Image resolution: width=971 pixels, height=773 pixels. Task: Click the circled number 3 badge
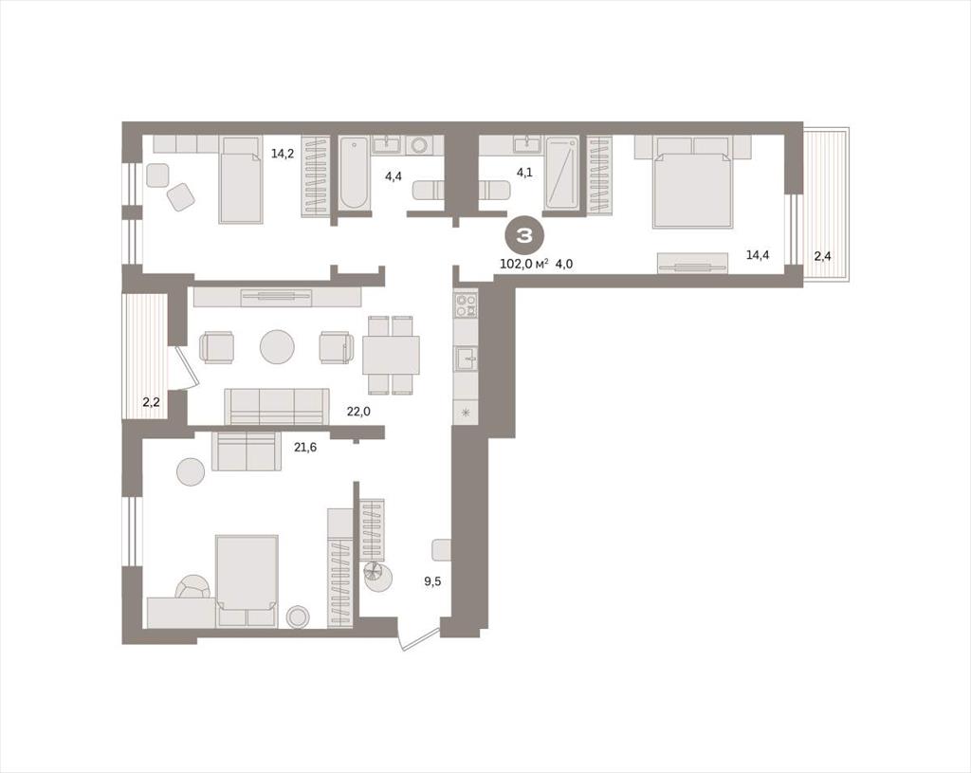tap(525, 235)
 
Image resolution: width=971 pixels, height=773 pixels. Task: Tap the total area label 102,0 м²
tap(523, 264)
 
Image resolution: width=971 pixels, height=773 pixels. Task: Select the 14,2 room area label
tap(283, 154)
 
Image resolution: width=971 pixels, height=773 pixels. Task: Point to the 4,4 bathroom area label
tap(394, 175)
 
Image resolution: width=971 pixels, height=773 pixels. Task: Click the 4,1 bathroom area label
tap(524, 173)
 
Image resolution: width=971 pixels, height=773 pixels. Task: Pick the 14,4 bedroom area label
tap(758, 254)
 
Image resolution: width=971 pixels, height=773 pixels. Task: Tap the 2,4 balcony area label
tap(822, 256)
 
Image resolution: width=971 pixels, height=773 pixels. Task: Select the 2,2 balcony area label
tap(151, 402)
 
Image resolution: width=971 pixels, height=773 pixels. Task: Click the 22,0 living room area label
tap(358, 410)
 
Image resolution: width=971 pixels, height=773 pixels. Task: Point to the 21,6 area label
tap(305, 447)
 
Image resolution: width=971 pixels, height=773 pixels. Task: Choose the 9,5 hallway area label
tap(432, 581)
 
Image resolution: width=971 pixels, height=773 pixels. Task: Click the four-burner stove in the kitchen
tap(467, 304)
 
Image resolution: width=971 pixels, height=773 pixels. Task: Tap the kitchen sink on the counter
tap(466, 359)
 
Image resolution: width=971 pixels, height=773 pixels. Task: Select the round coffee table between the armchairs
tap(277, 346)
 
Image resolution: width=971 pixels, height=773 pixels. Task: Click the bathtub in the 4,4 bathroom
tap(355, 173)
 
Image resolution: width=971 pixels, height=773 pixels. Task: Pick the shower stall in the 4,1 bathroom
tap(561, 173)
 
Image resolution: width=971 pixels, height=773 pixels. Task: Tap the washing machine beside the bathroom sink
tap(419, 145)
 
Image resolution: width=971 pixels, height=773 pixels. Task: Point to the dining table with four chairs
tap(391, 355)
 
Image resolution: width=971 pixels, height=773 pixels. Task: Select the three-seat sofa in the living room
tap(277, 406)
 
